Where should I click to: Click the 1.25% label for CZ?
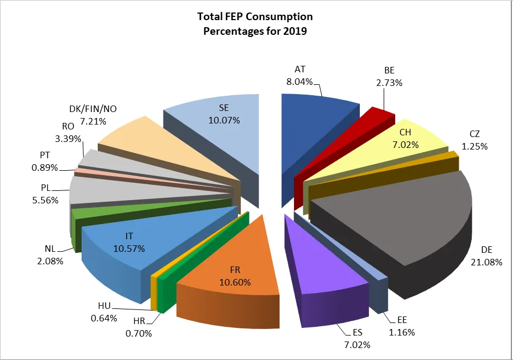pyautogui.click(x=475, y=146)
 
